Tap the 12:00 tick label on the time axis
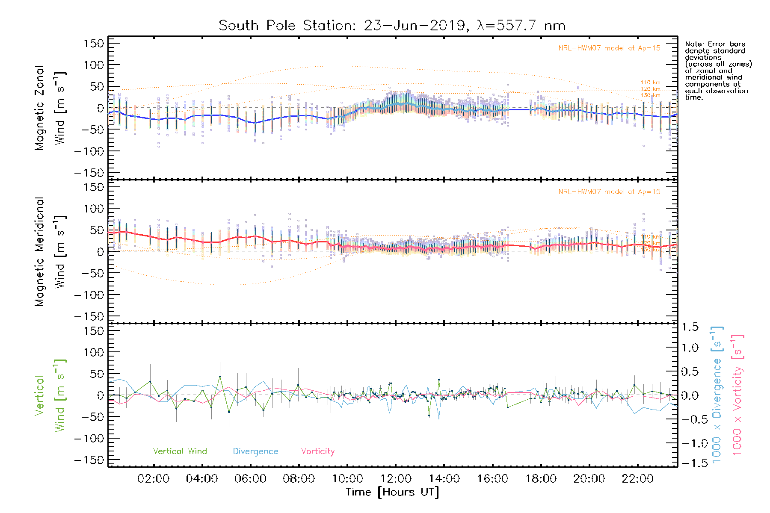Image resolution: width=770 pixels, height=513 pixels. tap(396, 479)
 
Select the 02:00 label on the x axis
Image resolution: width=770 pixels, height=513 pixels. tap(154, 479)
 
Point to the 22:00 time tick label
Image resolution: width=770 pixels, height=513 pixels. tap(637, 479)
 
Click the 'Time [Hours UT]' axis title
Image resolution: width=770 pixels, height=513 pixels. tap(392, 492)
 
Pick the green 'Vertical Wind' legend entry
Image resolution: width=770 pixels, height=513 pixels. tap(180, 451)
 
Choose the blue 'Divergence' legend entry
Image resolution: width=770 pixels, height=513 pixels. tap(255, 451)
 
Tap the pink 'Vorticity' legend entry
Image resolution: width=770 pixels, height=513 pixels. tap(317, 451)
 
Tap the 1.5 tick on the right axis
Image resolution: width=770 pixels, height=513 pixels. tap(690, 327)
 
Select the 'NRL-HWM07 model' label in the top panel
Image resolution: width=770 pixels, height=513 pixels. tap(609, 48)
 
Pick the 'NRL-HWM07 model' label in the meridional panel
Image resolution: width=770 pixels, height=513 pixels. tap(609, 192)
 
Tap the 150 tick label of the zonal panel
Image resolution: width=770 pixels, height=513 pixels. tap(94, 43)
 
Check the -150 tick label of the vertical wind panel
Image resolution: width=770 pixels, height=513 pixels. tap(89, 460)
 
